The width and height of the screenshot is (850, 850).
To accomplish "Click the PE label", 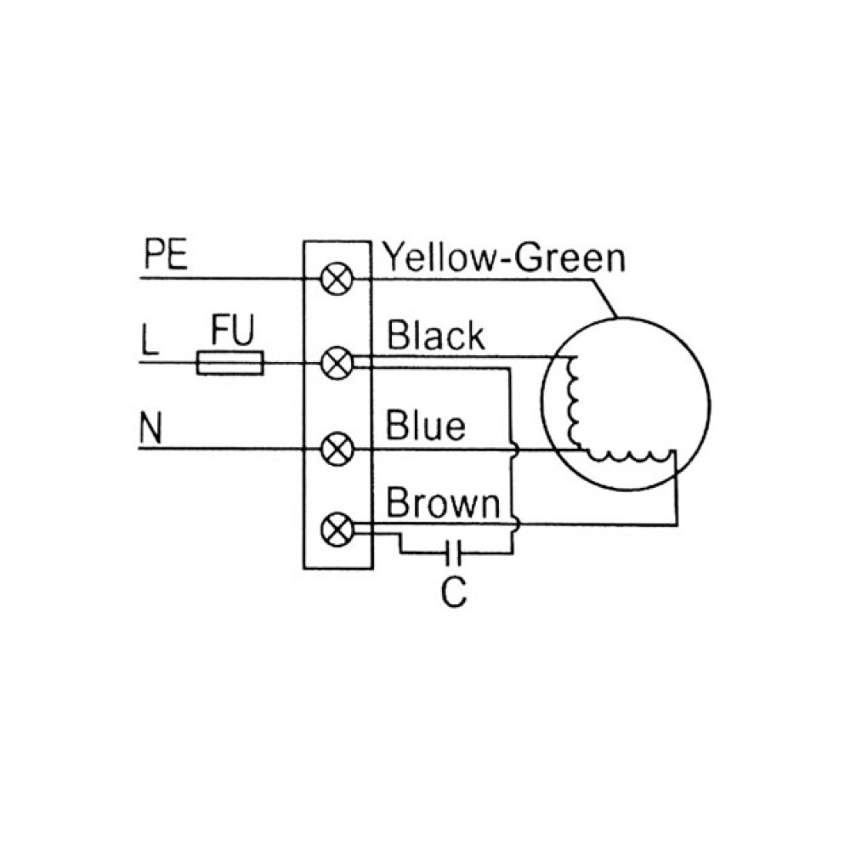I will [166, 256].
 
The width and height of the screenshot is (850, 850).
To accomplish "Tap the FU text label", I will [232, 331].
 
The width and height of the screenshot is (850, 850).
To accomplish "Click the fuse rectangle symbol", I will [230, 364].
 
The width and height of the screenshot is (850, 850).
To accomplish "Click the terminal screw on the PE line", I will [337, 278].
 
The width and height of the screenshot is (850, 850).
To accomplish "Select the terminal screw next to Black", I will [337, 364].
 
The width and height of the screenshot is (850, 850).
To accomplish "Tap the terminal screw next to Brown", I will [337, 531].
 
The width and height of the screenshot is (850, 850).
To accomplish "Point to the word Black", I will [435, 337].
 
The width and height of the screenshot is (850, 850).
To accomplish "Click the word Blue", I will [426, 424].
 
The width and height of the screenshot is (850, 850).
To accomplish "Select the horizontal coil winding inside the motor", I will [629, 456].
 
